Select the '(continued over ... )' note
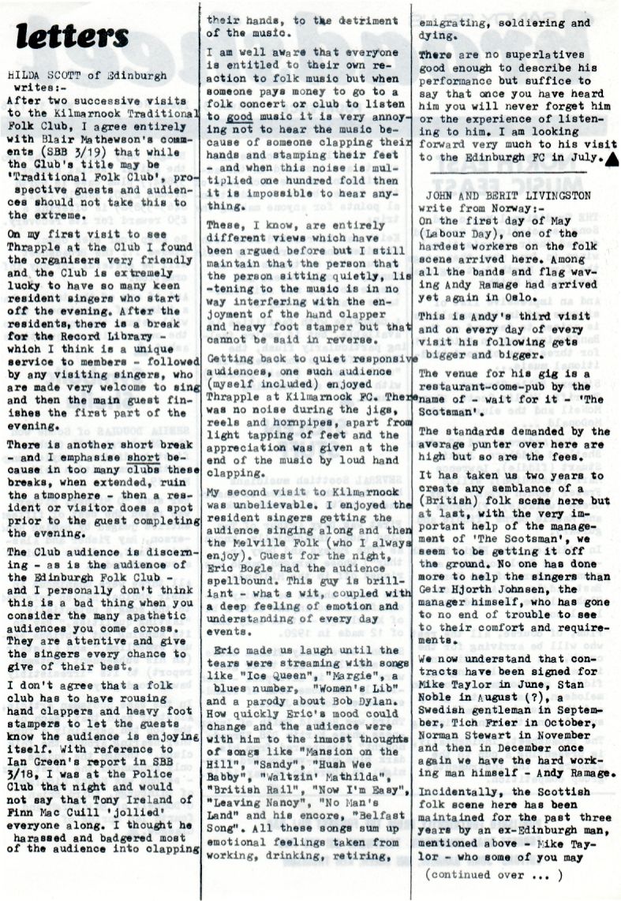[x=493, y=873]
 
